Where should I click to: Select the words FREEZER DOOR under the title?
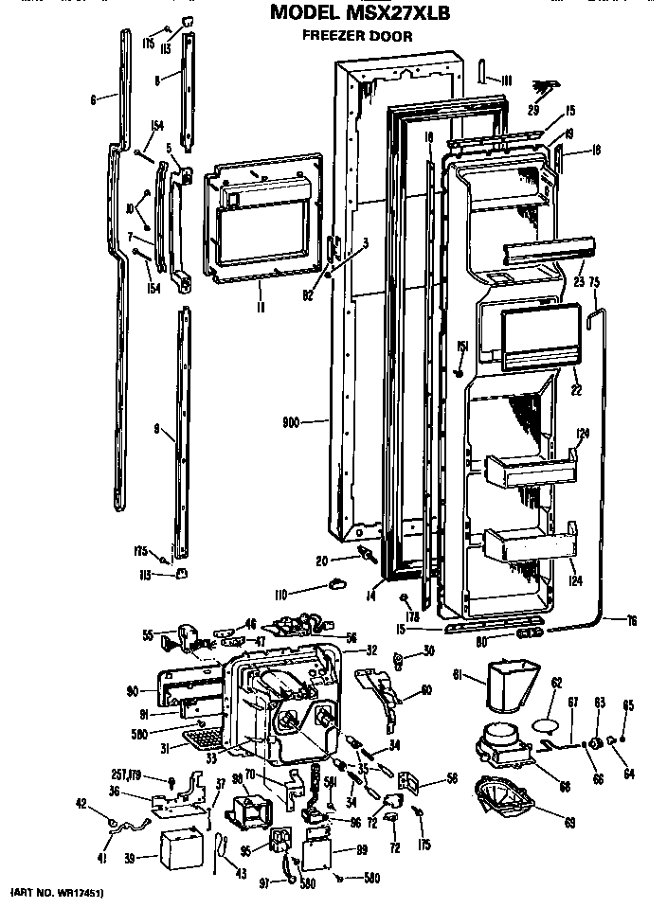358,37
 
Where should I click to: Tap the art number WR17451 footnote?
58,893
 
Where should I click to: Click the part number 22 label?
576,389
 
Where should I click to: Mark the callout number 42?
81,804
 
